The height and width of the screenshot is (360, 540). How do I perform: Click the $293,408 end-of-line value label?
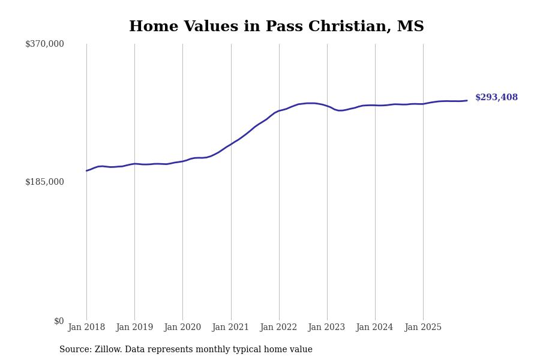[x=496, y=98]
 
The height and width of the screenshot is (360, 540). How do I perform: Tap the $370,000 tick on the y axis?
[x=44, y=44]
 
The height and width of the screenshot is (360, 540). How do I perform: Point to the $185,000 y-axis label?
[x=44, y=182]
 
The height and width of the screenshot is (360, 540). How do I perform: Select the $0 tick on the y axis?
[x=59, y=321]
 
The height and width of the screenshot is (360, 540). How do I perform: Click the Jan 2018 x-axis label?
[x=86, y=328]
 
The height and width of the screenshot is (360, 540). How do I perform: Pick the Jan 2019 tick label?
[x=134, y=328]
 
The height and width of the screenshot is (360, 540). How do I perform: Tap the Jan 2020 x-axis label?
[x=182, y=328]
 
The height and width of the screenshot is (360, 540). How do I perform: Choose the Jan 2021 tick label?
[x=231, y=328]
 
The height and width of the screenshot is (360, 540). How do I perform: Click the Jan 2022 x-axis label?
[x=279, y=328]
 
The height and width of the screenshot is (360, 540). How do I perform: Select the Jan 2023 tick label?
[x=327, y=328]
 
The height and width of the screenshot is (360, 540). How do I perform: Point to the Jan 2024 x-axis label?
[x=375, y=328]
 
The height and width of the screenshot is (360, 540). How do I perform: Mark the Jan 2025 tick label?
[x=423, y=328]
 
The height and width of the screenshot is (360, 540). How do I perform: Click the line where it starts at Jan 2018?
[x=86, y=171]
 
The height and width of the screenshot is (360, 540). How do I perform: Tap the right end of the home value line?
[x=467, y=100]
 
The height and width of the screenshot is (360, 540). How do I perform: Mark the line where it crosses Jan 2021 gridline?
[x=231, y=144]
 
